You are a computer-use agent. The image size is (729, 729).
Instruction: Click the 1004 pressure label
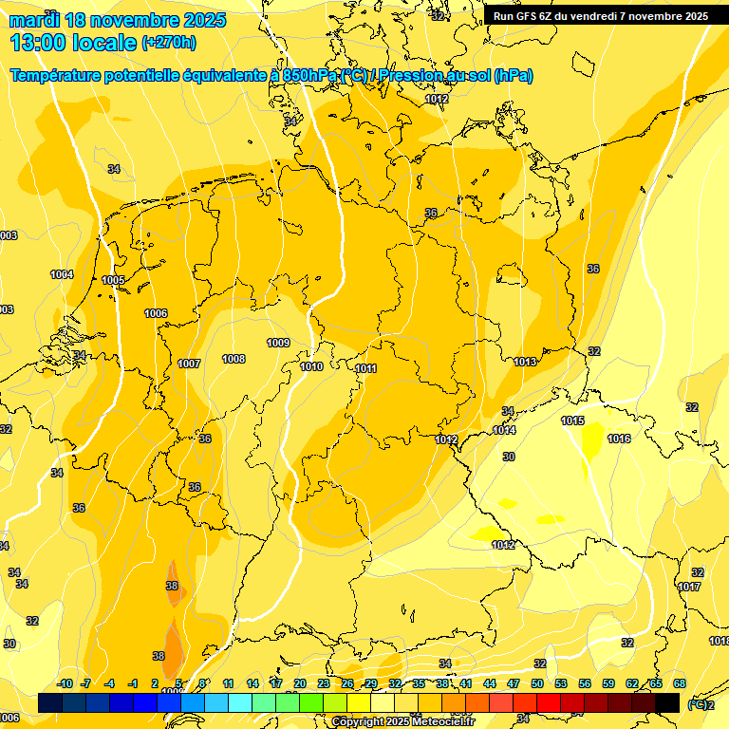click(62, 274)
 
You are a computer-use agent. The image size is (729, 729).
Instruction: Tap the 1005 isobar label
click(114, 280)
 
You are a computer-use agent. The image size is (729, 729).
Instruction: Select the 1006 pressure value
click(156, 313)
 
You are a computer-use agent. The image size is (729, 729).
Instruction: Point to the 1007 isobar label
click(189, 364)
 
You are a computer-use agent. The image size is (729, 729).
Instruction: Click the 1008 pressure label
click(234, 359)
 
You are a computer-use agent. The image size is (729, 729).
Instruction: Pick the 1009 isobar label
click(278, 343)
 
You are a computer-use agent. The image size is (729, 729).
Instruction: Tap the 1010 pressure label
click(311, 366)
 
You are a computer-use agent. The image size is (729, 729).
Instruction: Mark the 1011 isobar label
click(366, 368)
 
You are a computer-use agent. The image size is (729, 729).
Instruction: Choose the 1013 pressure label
click(526, 362)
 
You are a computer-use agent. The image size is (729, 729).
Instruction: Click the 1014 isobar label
click(504, 430)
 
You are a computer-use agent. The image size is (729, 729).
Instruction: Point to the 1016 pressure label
click(619, 439)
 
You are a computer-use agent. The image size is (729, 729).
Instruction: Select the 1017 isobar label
click(690, 587)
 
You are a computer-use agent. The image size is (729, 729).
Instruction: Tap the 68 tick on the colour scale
click(680, 683)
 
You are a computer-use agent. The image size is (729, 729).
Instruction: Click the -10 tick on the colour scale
click(65, 683)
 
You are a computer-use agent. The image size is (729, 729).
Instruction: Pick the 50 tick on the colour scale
click(537, 683)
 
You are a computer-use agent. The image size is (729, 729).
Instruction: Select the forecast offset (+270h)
click(169, 42)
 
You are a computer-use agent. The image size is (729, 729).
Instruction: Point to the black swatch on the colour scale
click(667, 702)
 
